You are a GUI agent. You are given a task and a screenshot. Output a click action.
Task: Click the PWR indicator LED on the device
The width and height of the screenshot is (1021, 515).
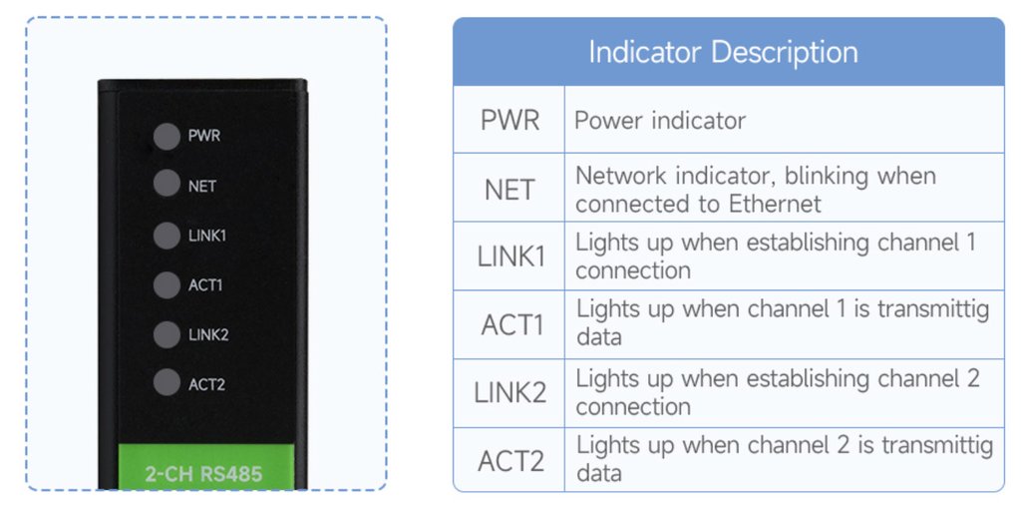166,137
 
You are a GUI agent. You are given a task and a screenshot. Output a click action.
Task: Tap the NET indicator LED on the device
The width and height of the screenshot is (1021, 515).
166,185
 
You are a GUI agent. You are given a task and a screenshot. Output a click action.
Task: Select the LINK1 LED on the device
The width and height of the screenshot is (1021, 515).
166,236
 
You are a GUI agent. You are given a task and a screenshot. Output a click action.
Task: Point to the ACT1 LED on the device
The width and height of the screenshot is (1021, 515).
166,285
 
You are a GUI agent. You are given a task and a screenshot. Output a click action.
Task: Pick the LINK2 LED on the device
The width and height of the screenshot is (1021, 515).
166,334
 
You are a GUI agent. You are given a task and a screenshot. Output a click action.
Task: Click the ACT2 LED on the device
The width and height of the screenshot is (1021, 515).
166,383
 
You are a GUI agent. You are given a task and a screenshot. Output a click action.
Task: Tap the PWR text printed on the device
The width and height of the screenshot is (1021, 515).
204,136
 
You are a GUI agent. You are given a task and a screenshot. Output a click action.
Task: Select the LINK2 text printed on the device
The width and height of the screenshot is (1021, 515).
208,334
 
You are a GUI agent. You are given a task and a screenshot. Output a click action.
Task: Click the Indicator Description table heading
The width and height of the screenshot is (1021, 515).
723,52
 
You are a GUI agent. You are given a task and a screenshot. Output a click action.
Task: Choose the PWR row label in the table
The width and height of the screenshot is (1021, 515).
510,121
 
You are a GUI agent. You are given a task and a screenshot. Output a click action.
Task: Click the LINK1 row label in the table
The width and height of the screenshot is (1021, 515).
510,257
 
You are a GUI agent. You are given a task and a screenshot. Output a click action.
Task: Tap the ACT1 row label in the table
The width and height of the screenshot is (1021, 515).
511,325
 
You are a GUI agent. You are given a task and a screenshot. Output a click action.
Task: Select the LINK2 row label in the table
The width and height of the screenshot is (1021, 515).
510,392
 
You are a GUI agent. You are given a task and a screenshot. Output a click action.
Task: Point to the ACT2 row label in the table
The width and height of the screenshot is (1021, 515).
511,461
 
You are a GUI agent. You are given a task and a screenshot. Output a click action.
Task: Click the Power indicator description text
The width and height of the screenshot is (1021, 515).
660,121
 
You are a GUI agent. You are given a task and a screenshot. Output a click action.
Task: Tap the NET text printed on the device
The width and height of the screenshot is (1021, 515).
202,186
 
